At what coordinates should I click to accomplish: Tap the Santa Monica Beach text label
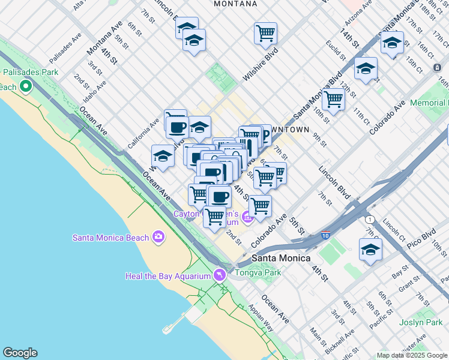[110, 238]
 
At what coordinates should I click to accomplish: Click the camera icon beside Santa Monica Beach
[158, 237]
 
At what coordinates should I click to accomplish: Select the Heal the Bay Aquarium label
[167, 276]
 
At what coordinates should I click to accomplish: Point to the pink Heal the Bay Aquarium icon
[220, 275]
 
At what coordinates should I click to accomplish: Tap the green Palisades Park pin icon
[25, 87]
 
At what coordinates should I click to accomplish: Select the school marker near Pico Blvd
[370, 250]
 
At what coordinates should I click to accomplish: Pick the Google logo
[20, 353]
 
